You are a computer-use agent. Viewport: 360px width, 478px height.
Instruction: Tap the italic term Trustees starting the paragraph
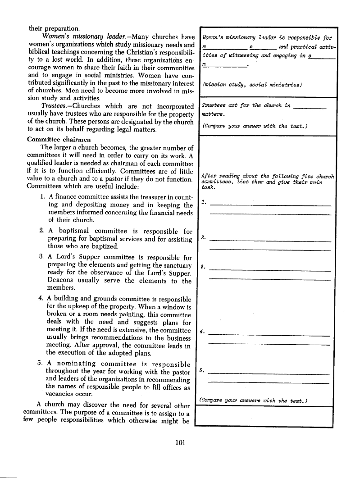click(x=54, y=106)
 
